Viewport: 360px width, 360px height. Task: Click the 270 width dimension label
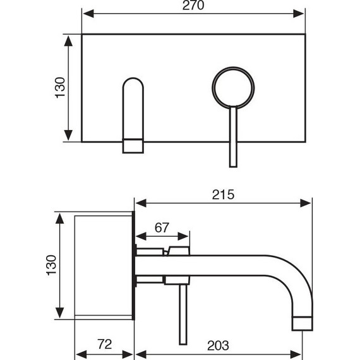(193, 6)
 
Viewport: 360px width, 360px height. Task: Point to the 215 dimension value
(223, 195)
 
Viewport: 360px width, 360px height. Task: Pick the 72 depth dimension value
(104, 344)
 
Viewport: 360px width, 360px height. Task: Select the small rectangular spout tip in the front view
(133, 146)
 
